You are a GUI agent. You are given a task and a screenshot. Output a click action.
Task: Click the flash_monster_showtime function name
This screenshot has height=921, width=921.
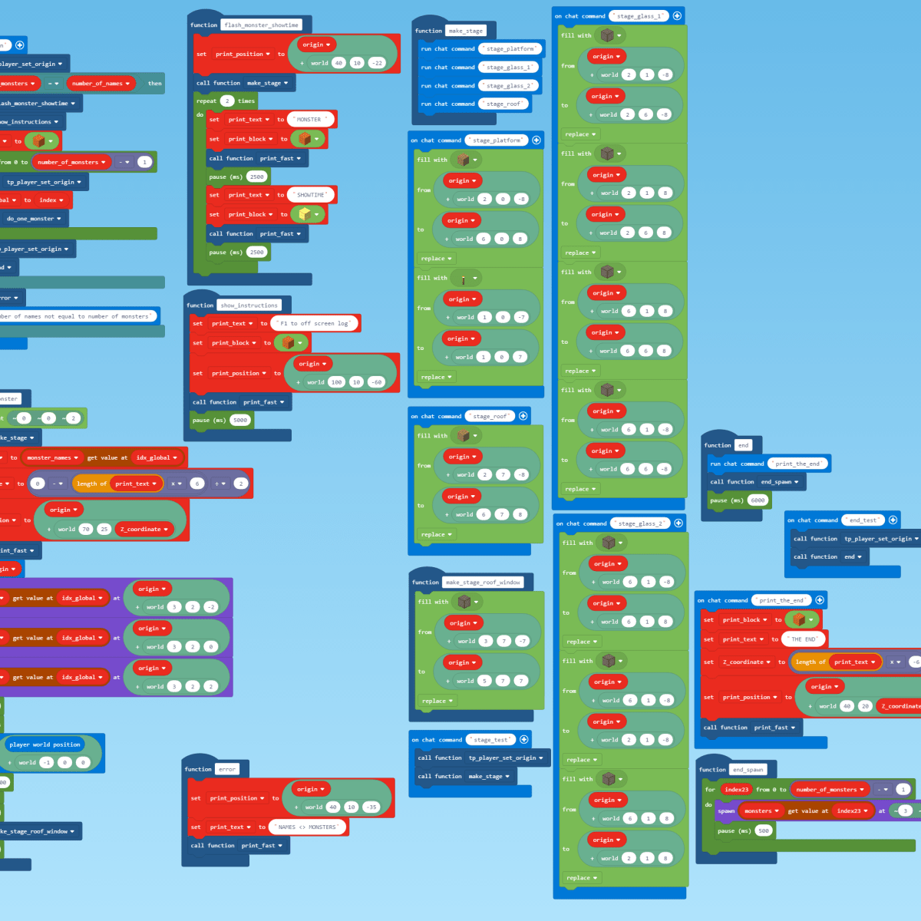[x=261, y=25]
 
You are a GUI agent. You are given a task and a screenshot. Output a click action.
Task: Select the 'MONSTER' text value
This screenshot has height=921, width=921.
[x=309, y=120]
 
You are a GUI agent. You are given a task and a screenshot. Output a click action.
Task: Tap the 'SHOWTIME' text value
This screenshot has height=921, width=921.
[x=311, y=195]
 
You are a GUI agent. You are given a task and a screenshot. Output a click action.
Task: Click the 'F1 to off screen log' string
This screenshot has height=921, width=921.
[x=315, y=324]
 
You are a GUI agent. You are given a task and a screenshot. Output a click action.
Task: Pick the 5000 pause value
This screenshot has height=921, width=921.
[x=240, y=421]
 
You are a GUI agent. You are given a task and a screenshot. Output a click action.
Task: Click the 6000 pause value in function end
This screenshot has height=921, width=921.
[x=758, y=500]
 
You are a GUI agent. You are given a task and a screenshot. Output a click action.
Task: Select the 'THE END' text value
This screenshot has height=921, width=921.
[x=804, y=639]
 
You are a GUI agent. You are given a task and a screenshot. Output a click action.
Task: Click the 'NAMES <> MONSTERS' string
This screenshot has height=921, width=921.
[x=307, y=827]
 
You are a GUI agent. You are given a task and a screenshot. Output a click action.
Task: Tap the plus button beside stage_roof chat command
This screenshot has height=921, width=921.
[x=523, y=416]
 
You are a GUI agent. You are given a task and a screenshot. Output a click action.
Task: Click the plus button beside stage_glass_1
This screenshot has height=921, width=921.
[x=677, y=16]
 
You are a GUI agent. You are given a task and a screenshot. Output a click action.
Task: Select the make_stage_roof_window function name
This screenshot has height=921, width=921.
[x=484, y=583]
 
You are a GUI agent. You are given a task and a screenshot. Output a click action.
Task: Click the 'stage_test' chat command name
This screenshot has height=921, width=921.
[x=491, y=740]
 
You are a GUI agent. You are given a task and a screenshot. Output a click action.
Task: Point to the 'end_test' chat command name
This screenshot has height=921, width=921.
[x=863, y=520]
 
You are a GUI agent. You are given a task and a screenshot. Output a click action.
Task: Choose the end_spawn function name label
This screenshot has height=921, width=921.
[x=748, y=770]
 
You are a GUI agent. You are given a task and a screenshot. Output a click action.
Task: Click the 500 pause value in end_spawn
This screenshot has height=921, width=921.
[x=763, y=830]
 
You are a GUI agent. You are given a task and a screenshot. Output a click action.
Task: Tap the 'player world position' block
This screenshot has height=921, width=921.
[x=45, y=744]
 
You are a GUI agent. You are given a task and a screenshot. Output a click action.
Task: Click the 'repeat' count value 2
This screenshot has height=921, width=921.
[x=226, y=101]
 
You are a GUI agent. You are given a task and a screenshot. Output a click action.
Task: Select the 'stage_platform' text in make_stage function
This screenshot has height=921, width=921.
[x=510, y=49]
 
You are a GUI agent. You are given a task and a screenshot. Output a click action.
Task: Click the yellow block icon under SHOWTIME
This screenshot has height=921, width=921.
[x=305, y=214]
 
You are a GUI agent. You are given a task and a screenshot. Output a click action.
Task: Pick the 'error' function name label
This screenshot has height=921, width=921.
[x=227, y=769]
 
